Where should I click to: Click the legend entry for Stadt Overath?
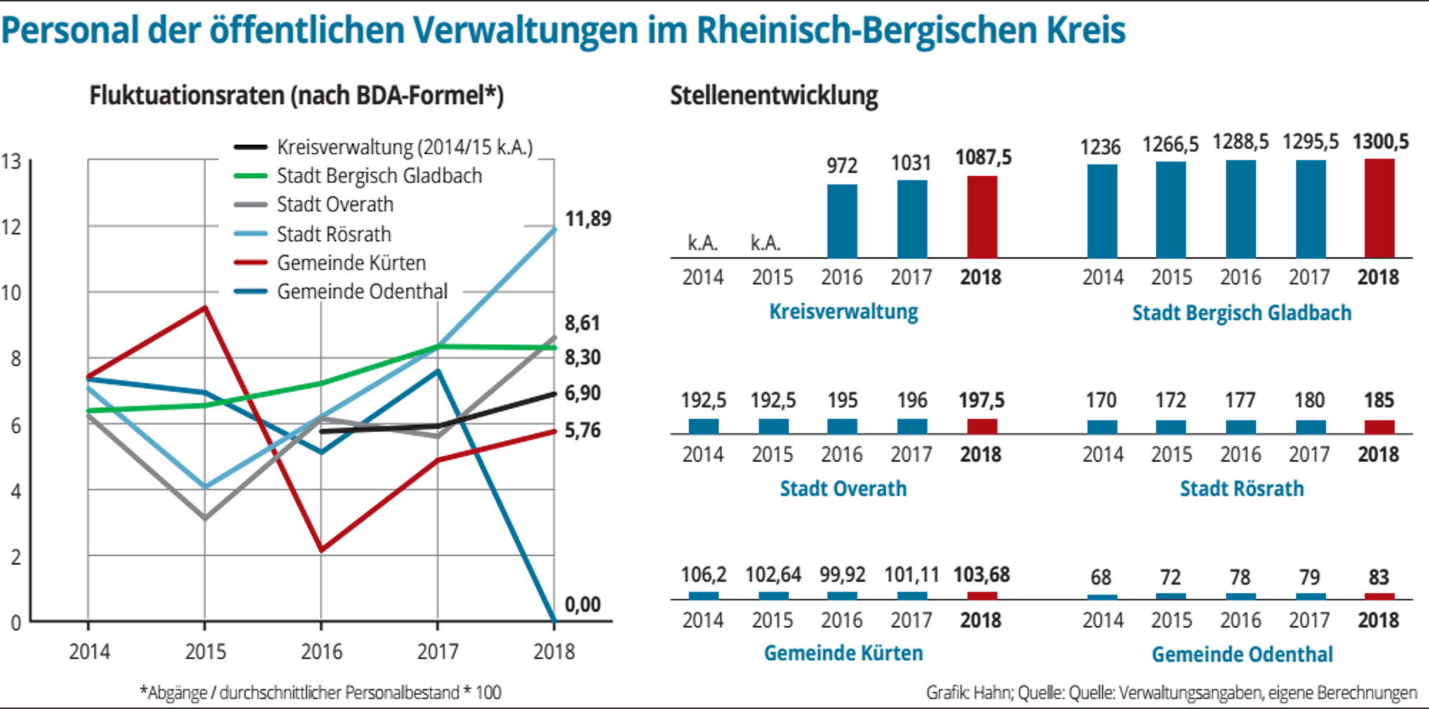334,204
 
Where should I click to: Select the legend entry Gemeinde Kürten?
351,263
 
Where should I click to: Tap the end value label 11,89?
588,219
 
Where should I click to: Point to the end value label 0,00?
582,605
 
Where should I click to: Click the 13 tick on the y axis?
11,162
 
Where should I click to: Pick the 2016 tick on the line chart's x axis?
322,651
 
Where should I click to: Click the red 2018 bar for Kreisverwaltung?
982,217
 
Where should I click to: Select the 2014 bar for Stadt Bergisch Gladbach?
1102,211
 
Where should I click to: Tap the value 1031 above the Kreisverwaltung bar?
911,164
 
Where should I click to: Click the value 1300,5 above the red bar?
1380,142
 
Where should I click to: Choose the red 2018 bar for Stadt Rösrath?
1379,427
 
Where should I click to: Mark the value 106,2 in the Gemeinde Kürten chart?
703,574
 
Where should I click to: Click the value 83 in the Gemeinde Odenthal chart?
1378,577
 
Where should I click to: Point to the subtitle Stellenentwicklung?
774,95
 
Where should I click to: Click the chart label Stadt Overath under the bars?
843,488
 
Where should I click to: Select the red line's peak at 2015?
205,307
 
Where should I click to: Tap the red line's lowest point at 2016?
322,551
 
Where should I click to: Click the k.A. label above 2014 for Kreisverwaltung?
702,243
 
